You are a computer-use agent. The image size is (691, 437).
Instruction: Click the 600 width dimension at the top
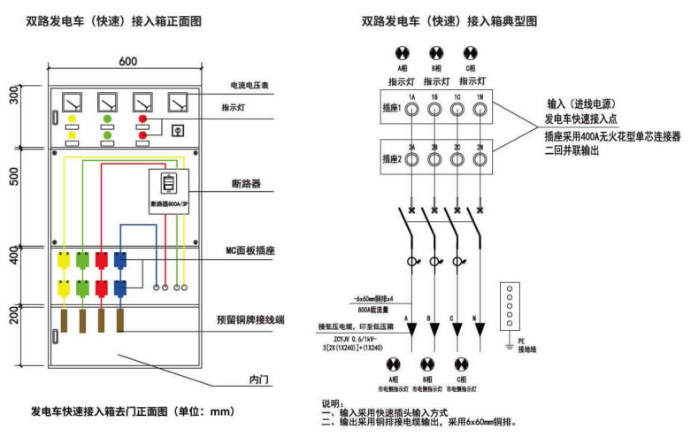(127, 61)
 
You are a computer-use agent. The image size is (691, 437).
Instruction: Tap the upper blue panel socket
(119, 260)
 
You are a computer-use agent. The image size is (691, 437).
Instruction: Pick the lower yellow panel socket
(64, 287)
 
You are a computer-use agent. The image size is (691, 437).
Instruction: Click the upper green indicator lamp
(107, 118)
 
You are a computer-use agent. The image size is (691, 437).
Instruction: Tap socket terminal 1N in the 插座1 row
(480, 110)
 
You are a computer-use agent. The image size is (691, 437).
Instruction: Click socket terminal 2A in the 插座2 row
(411, 160)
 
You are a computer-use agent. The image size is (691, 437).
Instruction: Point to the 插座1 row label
(392, 110)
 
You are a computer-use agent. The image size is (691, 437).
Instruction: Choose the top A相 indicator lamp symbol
(403, 51)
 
